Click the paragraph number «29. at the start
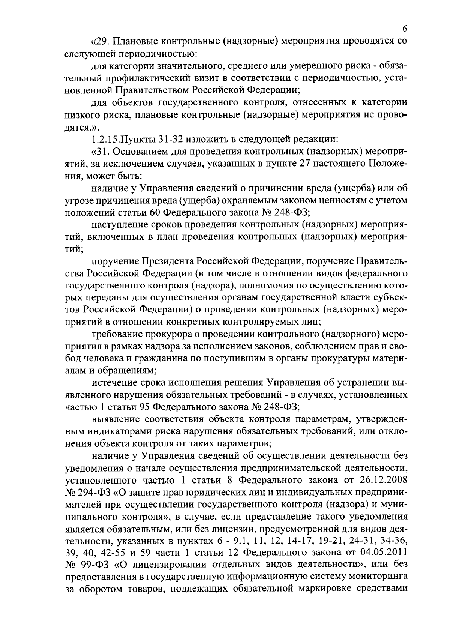tap(100, 41)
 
